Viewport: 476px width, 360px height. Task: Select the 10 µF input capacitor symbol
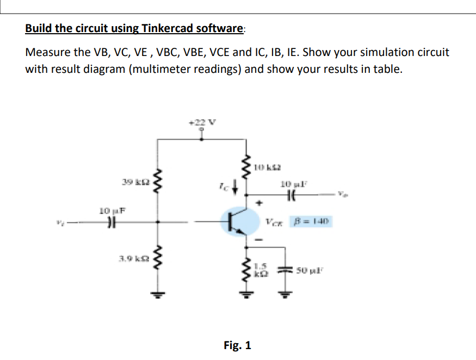112,222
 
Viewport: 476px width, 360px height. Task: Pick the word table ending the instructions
387,70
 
